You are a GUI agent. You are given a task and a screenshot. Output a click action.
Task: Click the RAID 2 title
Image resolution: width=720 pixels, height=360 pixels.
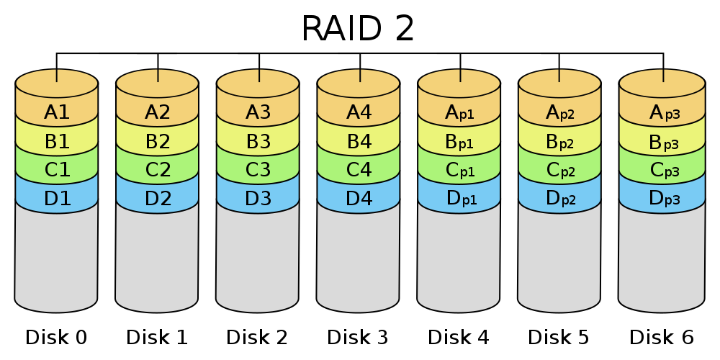[358, 29]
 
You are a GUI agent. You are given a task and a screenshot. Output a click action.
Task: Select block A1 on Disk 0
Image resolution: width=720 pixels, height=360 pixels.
[56, 112]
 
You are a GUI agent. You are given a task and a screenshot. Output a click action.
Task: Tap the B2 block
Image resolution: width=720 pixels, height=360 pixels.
[158, 142]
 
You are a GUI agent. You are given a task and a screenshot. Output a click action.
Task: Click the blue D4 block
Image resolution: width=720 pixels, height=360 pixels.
[359, 199]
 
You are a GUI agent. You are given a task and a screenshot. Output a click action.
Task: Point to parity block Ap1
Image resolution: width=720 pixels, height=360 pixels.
[459, 112]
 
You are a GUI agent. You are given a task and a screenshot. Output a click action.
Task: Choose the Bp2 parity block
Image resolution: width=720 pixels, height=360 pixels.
[559, 142]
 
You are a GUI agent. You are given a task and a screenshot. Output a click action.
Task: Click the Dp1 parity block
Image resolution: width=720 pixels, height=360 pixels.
[459, 199]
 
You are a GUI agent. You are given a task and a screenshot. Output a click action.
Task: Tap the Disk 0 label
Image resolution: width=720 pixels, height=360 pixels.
[56, 338]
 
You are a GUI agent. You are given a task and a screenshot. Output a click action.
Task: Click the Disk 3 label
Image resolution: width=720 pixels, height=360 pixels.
[358, 338]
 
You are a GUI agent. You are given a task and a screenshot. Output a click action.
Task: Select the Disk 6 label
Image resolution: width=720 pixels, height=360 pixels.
[661, 338]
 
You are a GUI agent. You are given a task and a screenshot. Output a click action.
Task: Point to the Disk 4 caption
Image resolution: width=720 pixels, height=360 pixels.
[459, 338]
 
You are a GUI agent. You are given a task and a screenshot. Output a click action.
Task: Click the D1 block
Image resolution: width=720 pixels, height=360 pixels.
[56, 199]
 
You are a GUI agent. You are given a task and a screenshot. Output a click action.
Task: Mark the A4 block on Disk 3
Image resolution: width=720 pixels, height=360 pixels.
[359, 112]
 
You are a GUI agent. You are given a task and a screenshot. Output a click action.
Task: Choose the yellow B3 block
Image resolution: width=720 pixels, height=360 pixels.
[258, 142]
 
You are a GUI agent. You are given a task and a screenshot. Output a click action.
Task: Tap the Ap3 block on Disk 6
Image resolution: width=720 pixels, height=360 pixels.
[662, 112]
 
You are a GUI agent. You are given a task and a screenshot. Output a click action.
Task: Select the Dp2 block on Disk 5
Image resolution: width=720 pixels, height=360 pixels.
[559, 199]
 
